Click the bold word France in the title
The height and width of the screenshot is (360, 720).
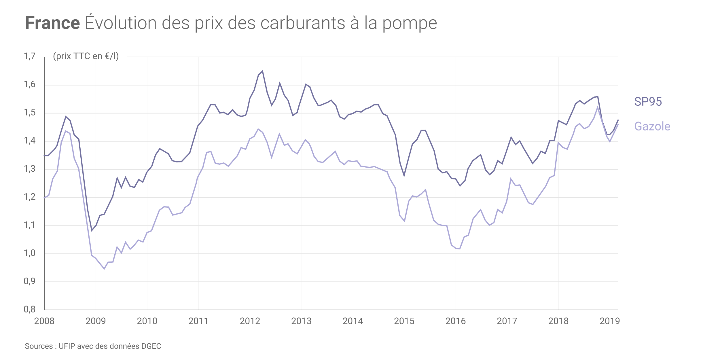point(52,23)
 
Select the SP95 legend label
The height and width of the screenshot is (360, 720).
point(648,102)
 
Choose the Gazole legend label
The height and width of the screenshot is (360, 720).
point(652,126)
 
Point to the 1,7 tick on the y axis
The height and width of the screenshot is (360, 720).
point(30,56)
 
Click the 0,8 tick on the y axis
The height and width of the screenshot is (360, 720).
point(30,309)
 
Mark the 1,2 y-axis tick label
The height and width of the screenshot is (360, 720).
point(30,197)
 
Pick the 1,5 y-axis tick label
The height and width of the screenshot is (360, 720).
point(30,113)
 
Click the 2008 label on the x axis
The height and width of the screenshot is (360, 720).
point(44,321)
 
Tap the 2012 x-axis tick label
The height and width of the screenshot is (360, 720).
point(250,321)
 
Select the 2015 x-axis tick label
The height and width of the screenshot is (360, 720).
point(404,321)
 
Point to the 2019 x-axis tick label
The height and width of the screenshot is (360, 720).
point(609,321)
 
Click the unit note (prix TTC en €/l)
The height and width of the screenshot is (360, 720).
point(86,56)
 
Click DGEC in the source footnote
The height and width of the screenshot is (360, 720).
point(151,346)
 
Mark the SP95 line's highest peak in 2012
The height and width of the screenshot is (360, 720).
point(262,71)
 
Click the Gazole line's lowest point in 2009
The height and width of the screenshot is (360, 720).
point(104,269)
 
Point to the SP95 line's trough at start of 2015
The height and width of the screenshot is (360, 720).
point(404,175)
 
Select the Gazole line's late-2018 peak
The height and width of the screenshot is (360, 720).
point(598,107)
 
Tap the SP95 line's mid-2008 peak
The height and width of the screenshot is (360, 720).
point(66,117)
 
